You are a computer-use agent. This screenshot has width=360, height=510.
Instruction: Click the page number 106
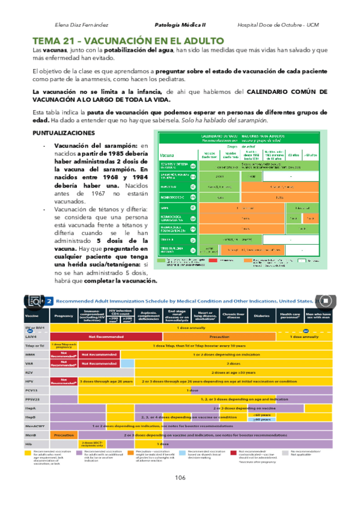(180, 478)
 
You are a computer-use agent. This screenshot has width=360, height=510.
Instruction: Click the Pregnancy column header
(63, 314)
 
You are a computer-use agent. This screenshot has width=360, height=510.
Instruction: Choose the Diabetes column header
(262, 314)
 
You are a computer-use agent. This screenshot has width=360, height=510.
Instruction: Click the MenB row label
(29, 434)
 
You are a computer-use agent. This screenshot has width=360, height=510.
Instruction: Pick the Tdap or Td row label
(32, 345)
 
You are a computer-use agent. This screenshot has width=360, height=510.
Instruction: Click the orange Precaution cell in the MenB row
(64, 434)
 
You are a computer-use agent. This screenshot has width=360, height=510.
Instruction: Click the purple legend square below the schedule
(81, 452)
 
